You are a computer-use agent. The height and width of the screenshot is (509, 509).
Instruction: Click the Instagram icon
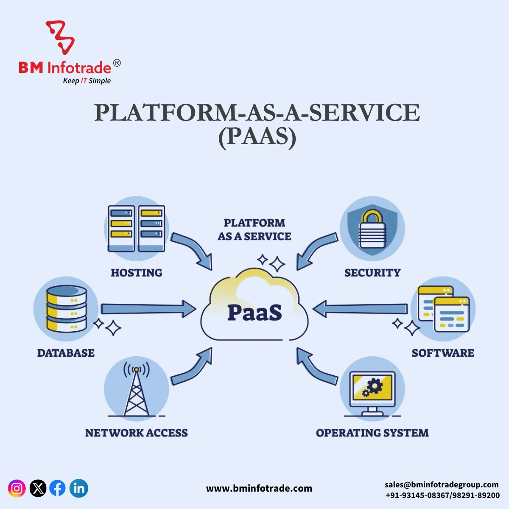coord(17,488)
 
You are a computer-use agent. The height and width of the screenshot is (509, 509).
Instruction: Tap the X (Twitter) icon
coord(38,488)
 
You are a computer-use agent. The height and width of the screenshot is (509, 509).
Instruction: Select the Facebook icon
coord(58,488)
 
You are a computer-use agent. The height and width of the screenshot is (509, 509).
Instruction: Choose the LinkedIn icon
coord(79,488)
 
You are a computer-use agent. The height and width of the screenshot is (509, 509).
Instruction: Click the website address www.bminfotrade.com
coord(259,489)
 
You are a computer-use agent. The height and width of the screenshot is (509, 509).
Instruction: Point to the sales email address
coord(442,484)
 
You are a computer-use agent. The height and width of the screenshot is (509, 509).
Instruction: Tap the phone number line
coord(442,495)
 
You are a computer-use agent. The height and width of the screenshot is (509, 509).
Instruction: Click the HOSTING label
coord(136,273)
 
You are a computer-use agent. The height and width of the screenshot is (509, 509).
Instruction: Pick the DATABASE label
coord(66,353)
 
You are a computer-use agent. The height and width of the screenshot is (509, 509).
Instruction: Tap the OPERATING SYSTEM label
coord(372,433)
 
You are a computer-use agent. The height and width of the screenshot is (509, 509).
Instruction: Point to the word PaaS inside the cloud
coord(255,313)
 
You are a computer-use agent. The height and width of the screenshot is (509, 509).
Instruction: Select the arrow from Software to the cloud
coord(361,309)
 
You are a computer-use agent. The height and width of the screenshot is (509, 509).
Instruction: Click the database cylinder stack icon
coord(66,309)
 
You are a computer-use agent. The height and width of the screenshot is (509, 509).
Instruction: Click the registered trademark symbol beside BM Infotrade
coord(117,63)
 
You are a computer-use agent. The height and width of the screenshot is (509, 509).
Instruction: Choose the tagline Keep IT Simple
coord(87,81)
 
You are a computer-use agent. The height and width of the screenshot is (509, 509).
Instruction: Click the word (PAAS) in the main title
coord(257,137)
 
